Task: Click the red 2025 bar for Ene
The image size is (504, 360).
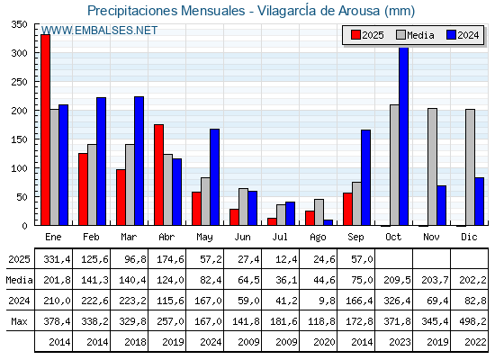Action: (45, 130)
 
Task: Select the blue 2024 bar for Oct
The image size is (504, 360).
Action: (404, 136)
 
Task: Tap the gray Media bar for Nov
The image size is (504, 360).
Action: (432, 166)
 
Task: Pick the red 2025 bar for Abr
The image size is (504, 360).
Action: (158, 175)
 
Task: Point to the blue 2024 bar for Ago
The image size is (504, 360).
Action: (328, 222)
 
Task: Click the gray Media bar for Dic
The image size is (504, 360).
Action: (470, 167)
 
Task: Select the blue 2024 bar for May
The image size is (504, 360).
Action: (215, 177)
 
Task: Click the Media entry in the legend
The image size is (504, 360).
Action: (416, 35)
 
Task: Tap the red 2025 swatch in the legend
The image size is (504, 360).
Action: (355, 35)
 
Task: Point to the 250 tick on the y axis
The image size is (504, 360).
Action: (19, 82)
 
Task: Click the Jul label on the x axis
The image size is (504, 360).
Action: (280, 237)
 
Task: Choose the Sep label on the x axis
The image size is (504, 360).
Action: (355, 237)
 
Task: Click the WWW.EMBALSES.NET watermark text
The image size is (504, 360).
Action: (99, 31)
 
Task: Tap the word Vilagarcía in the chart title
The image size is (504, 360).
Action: (287, 11)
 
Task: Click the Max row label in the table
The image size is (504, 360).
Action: (19, 321)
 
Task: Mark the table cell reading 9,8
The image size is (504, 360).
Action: (326, 301)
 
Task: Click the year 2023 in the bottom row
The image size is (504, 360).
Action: (400, 342)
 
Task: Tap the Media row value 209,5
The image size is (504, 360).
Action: (397, 280)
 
